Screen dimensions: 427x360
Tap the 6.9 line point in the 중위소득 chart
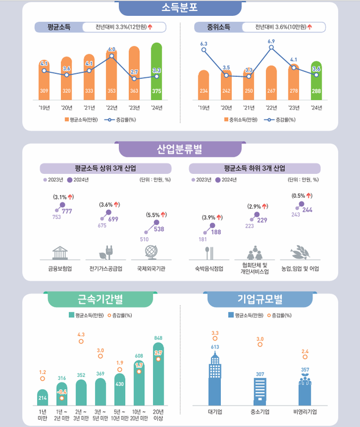point(271,48)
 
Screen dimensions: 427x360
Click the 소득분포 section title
point(179,9)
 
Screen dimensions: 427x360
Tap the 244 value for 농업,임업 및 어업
point(308,209)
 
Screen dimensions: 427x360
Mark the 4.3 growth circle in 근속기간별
point(81,342)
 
